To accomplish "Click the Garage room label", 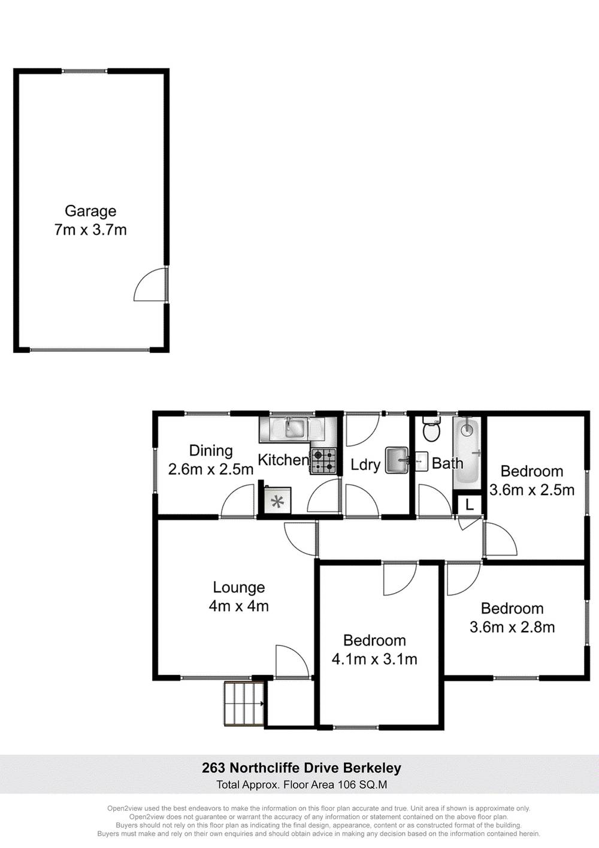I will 90,211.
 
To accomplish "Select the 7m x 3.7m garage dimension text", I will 90,230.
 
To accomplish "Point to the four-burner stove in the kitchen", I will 323,461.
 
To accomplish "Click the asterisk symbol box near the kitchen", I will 276,502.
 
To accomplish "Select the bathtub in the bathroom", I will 467,451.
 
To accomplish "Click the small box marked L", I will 470,505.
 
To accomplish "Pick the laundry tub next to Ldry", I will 396,460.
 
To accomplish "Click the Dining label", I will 210,451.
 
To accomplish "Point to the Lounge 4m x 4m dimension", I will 238,606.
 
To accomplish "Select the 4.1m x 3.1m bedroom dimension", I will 374,659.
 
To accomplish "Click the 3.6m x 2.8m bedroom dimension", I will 512,627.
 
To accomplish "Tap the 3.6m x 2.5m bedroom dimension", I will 532,490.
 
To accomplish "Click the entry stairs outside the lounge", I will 244,704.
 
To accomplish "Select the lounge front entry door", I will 292,662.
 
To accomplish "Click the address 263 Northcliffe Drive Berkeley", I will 301,768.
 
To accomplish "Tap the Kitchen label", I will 283,460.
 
